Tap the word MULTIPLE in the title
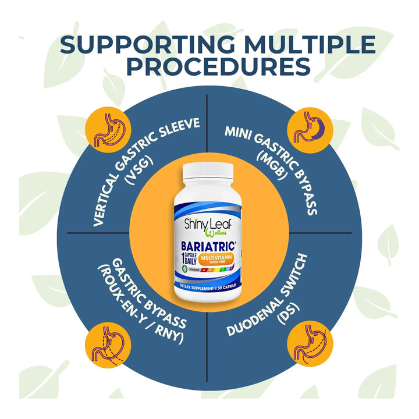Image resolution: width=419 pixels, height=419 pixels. point(309,46)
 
